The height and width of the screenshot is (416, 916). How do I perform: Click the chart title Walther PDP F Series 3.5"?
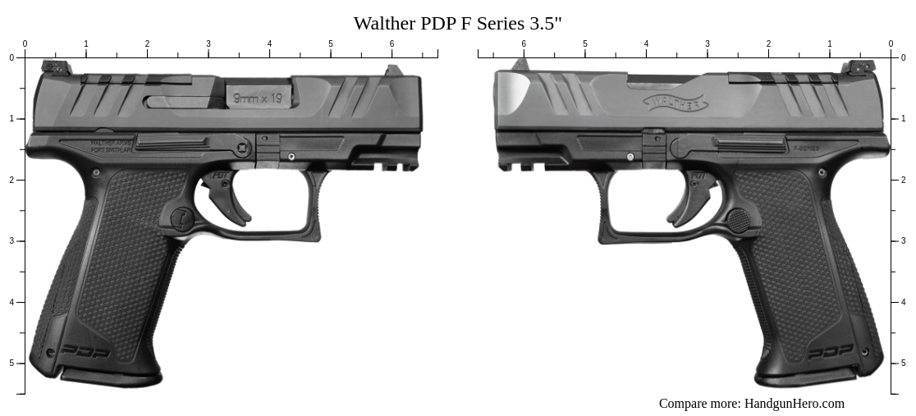[x=457, y=23]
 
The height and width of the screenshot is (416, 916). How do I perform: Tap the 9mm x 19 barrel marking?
[x=258, y=98]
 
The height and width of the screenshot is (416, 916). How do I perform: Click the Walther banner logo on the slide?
[x=675, y=104]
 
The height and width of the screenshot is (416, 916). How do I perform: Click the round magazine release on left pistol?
[x=181, y=218]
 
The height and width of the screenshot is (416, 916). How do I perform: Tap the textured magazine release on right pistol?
[x=737, y=220]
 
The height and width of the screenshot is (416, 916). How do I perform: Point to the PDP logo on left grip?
[x=85, y=351]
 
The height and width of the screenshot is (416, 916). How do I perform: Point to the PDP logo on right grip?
[x=831, y=352]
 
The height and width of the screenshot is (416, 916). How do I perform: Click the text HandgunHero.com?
[x=794, y=403]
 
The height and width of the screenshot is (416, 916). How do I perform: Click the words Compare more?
[x=698, y=403]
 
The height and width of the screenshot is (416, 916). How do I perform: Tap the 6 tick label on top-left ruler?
[x=392, y=44]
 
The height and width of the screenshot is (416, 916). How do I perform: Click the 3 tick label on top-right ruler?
[x=707, y=44]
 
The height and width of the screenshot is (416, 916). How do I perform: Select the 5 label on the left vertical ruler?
[x=11, y=363]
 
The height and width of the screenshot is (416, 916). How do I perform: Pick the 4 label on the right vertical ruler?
[x=903, y=302]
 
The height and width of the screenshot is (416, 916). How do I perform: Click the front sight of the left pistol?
[x=393, y=71]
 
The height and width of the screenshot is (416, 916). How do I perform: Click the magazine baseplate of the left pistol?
[x=111, y=378]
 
